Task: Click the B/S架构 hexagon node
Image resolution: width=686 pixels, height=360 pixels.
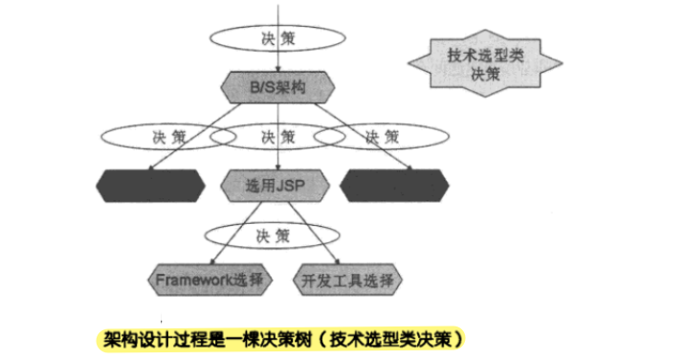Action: coord(277,87)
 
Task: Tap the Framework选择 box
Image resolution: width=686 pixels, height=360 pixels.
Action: coord(211,280)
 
